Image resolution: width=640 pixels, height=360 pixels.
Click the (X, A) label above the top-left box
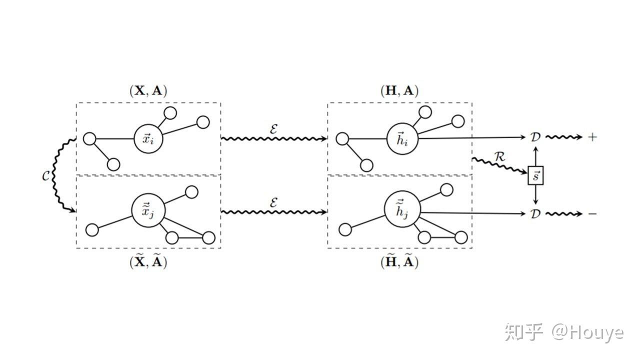[x=148, y=90]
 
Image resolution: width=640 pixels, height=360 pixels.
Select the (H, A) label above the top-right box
[x=399, y=90]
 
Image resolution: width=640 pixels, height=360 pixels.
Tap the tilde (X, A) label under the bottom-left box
[x=148, y=261]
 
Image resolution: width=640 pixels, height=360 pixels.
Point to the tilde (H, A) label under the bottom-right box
[x=399, y=261]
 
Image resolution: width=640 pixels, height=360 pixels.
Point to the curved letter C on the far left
[x=46, y=176]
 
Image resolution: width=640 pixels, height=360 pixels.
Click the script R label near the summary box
[x=499, y=156]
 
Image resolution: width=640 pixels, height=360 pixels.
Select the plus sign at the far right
[x=592, y=137]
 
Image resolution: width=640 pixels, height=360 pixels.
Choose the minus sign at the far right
[x=592, y=214]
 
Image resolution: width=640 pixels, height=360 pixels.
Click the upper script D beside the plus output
[x=535, y=137]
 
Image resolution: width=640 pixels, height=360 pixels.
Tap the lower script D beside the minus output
[x=535, y=214]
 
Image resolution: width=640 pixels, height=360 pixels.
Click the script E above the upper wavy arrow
[x=273, y=128]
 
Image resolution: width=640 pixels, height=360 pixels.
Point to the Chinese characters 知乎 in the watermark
[x=523, y=332]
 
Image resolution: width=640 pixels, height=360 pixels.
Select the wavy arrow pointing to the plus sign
[x=564, y=137]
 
